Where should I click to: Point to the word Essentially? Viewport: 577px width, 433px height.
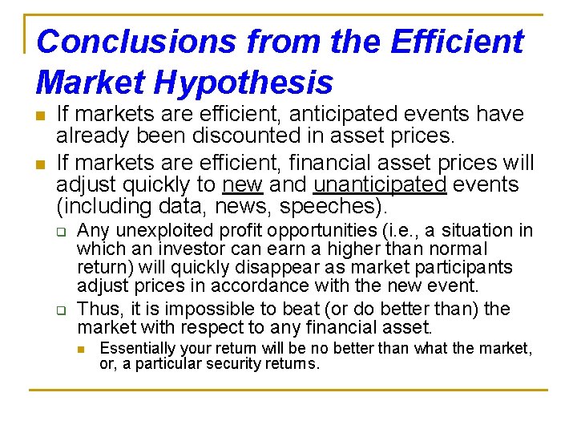pyautogui.click(x=139, y=348)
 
